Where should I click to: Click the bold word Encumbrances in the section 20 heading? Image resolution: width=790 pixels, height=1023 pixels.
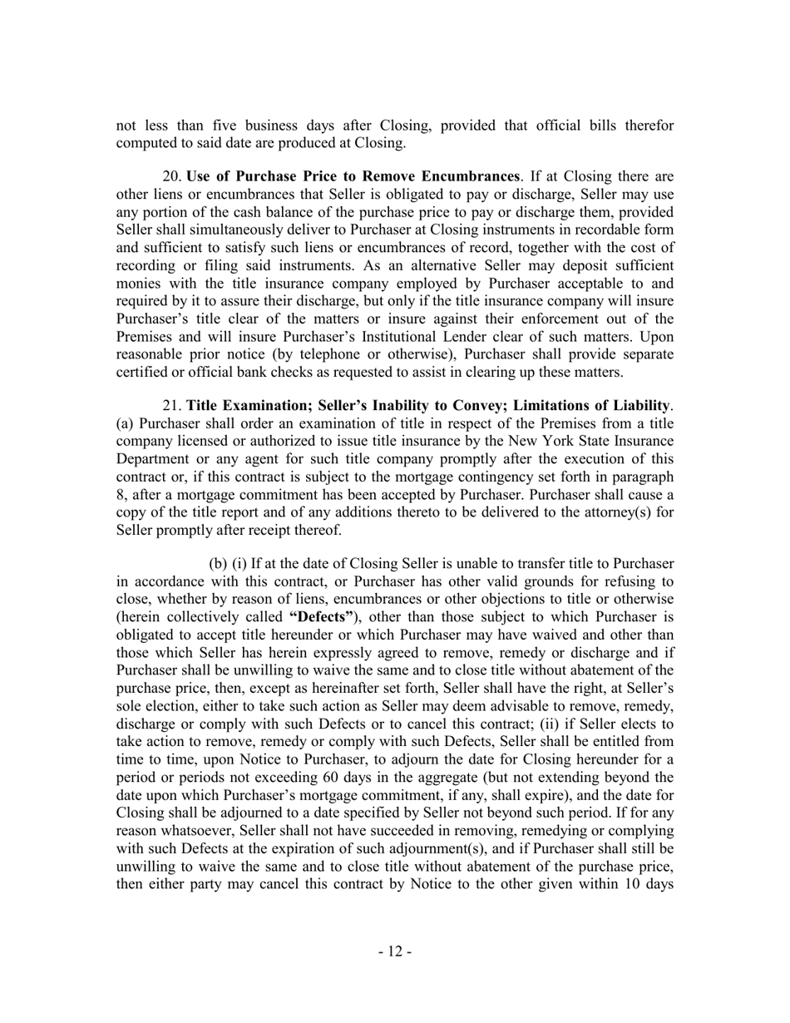click(471, 176)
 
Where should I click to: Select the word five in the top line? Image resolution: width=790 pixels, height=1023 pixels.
click(216, 126)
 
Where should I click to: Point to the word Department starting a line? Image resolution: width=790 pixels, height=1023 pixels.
click(153, 457)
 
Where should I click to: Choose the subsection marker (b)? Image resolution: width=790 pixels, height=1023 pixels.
click(219, 564)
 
